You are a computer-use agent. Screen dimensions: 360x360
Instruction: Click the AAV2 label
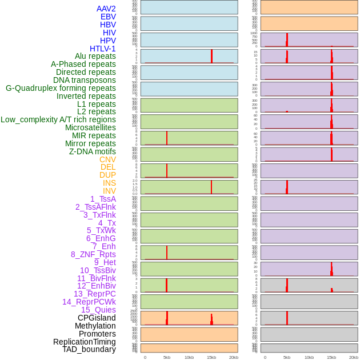[106, 9]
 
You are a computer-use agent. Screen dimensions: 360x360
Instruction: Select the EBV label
[108, 17]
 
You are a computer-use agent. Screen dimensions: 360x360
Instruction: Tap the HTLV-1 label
[103, 49]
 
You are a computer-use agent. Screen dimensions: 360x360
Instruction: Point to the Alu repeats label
[95, 56]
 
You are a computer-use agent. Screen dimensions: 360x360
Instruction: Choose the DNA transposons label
[85, 80]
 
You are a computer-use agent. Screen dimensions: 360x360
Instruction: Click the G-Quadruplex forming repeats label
[61, 88]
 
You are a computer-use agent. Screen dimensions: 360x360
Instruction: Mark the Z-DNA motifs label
[93, 151]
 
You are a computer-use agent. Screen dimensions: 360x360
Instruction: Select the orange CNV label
[107, 159]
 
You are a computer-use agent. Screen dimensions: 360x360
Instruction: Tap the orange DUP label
[107, 175]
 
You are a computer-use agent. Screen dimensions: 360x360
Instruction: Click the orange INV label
[109, 191]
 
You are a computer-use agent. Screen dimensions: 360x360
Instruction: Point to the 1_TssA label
[103, 199]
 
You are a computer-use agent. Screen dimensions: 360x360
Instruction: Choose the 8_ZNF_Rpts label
[93, 254]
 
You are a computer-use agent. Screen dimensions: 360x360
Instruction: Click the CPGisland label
[97, 318]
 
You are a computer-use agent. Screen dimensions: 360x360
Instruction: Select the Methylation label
[95, 326]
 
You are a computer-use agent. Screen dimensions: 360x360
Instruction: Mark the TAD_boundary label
[89, 349]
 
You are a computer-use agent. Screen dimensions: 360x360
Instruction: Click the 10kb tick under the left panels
[189, 357]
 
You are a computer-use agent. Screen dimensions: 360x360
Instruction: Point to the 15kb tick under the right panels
[331, 357]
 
